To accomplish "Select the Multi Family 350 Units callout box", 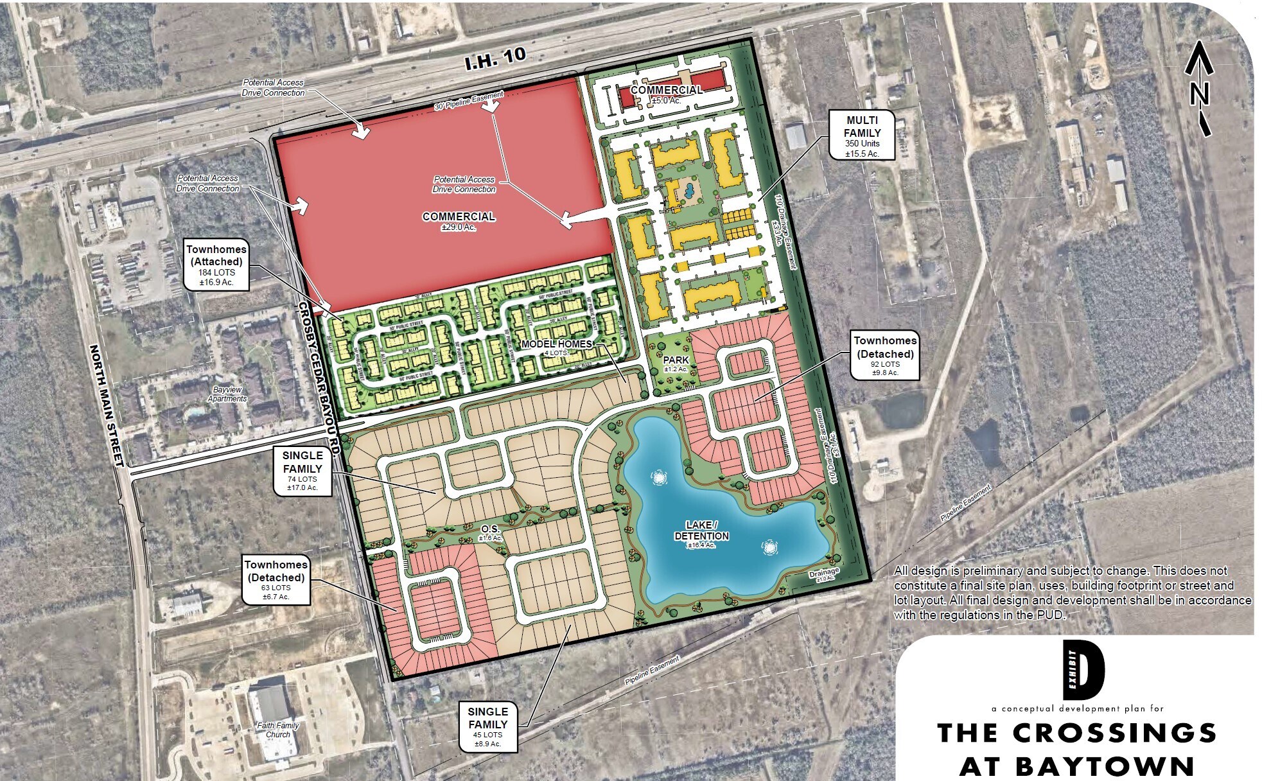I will click(863, 134).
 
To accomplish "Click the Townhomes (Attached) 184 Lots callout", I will click(216, 267).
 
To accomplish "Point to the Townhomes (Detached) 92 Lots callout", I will click(884, 355).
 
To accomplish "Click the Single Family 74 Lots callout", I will click(302, 471).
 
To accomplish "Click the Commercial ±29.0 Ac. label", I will click(459, 220).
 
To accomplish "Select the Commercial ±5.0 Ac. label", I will click(666, 94).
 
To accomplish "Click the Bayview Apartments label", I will click(227, 394).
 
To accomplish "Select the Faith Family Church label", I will click(277, 730).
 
